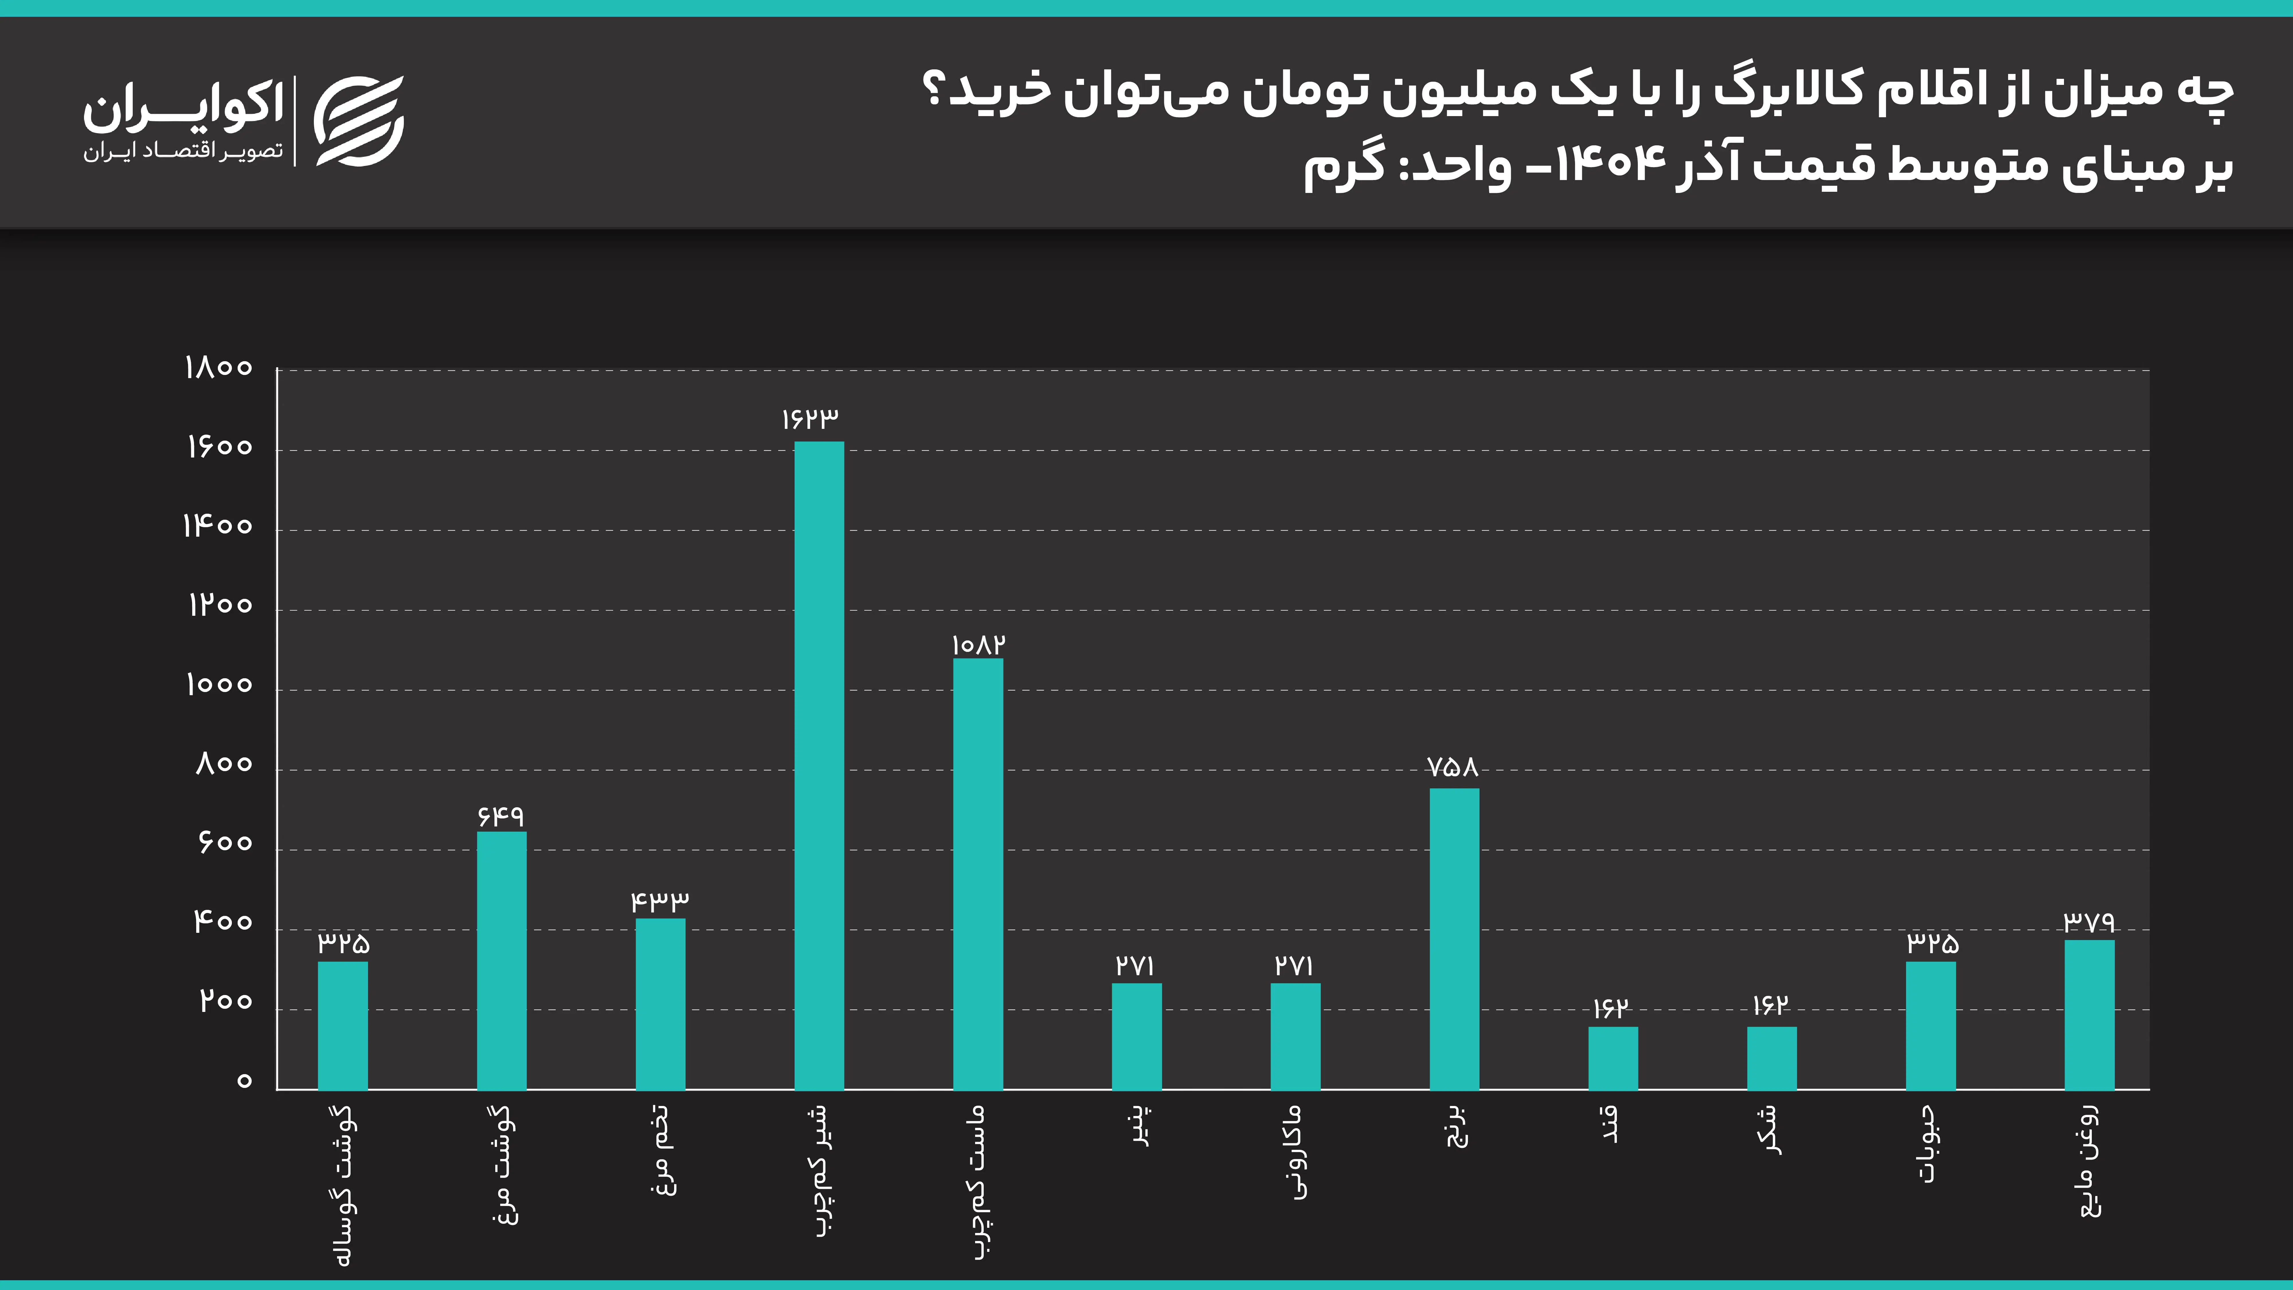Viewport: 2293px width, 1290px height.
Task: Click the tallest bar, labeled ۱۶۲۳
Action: pos(819,766)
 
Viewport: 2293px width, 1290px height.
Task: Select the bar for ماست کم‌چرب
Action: pos(977,874)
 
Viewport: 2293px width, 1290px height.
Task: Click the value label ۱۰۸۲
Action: pos(978,644)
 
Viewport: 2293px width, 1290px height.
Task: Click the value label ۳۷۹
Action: pos(2088,921)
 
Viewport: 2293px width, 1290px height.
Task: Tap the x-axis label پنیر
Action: pos(1139,1126)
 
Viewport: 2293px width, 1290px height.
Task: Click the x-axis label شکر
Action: pos(1771,1131)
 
